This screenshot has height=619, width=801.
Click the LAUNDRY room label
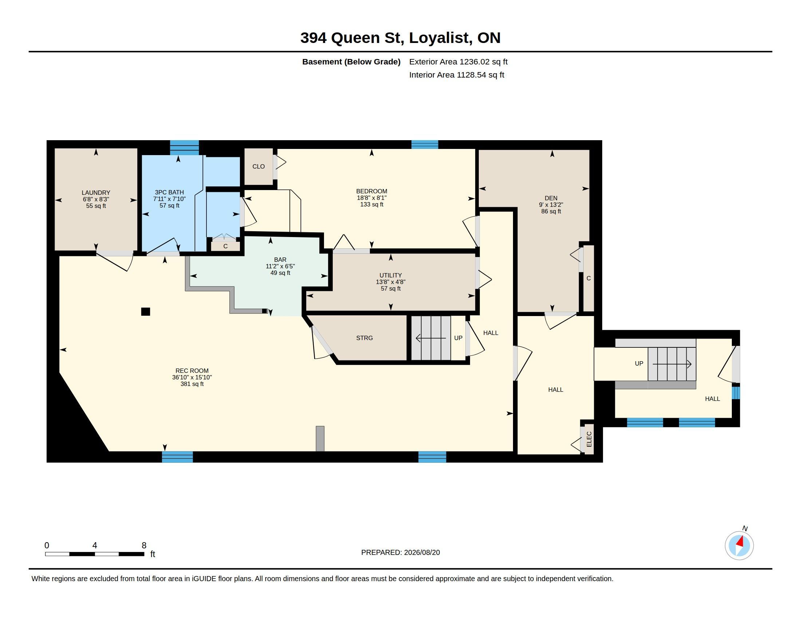pos(96,193)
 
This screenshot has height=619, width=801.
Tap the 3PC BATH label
pos(169,192)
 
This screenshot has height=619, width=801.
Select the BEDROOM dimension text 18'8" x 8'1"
pos(371,198)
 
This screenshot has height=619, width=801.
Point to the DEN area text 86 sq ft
pos(551,211)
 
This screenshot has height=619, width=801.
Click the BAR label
pos(280,260)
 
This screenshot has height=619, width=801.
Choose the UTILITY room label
pos(391,275)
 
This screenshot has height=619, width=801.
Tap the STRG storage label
pos(364,338)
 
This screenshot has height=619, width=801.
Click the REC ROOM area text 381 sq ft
pos(192,384)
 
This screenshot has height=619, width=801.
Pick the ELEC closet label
pos(589,439)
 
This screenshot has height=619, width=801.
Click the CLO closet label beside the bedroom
pos(259,166)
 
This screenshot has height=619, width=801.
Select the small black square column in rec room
pos(146,311)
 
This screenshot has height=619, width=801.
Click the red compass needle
pos(740,541)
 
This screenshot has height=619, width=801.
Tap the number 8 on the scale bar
pos(144,545)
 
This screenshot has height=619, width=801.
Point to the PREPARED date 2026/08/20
pos(422,552)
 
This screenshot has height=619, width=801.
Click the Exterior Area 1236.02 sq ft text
pos(458,62)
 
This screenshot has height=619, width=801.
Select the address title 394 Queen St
pos(352,38)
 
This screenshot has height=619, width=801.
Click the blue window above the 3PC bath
pos(185,147)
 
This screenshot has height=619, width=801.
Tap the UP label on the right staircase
pos(639,363)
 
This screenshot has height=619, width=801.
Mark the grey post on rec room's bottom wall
pos(320,439)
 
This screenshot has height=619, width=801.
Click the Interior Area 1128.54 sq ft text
pos(457,75)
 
